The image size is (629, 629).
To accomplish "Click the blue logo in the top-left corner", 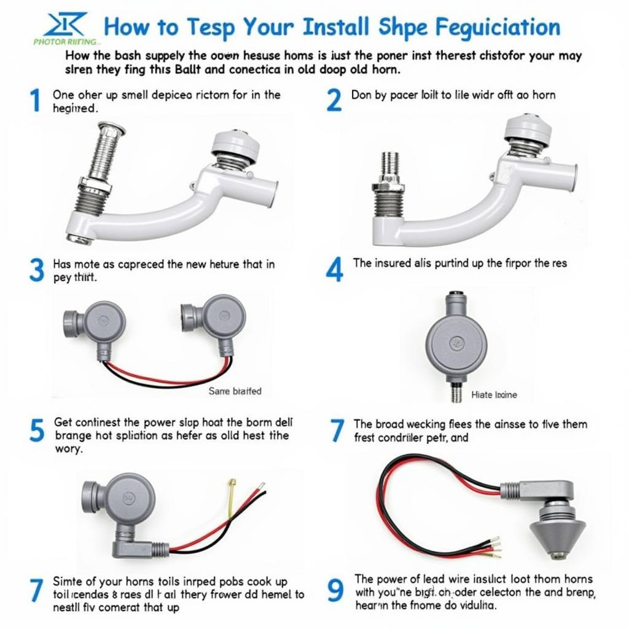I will (x=64, y=26).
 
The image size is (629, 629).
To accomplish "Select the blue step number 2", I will (x=334, y=100).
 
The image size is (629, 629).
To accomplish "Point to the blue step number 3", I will (x=37, y=270).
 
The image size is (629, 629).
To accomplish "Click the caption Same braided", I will (x=235, y=391).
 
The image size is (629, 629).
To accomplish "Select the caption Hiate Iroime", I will (x=494, y=395).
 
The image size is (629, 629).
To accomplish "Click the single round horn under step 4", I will (x=456, y=342).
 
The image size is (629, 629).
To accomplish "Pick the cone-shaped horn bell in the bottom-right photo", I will (x=557, y=531).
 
